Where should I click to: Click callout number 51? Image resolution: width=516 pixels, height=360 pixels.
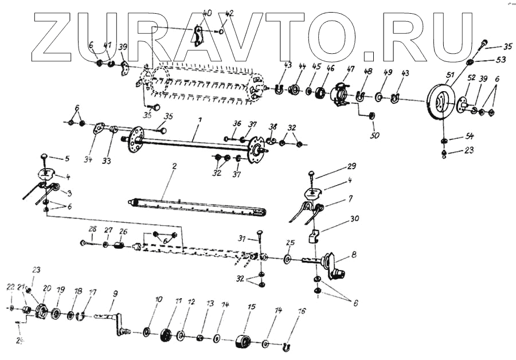449,74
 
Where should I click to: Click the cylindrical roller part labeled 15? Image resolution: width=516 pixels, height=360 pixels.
244,343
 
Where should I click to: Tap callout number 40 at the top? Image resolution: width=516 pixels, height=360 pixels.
207,12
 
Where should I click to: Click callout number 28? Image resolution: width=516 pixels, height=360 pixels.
92,229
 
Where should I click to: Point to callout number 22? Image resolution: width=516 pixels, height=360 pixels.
10,286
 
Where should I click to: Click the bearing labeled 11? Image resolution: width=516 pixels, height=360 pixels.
167,334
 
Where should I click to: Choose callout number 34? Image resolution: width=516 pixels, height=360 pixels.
88,159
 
